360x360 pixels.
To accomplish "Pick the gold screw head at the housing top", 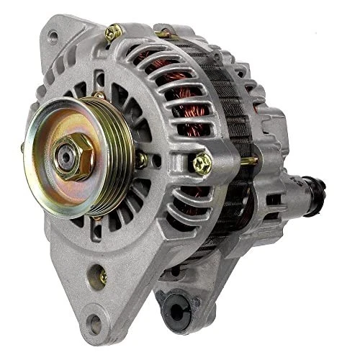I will (112, 32).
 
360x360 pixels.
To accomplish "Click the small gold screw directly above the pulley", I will (99, 94).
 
